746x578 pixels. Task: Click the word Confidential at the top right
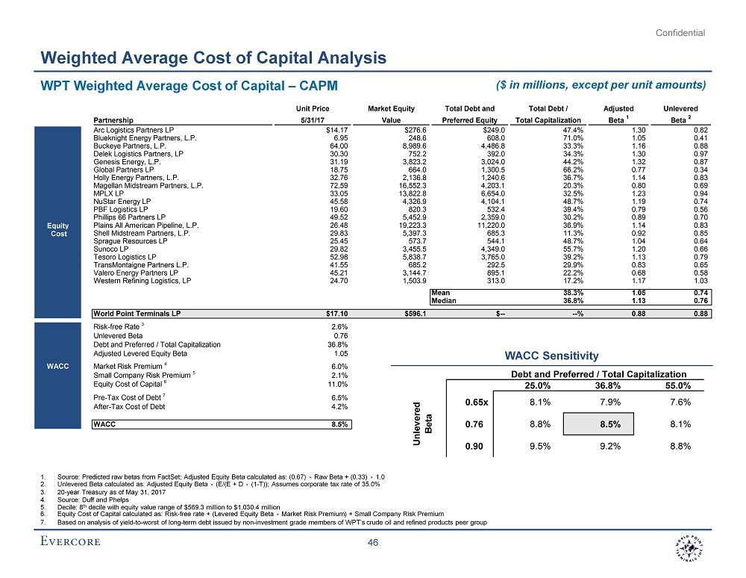[x=680, y=32]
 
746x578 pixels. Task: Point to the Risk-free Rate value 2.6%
[x=340, y=326]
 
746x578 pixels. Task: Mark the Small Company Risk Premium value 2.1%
[x=340, y=375]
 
